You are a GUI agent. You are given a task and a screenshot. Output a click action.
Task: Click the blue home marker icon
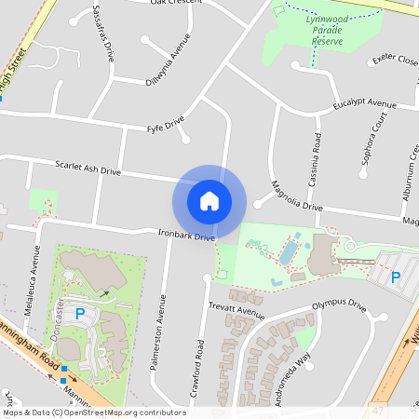(209, 201)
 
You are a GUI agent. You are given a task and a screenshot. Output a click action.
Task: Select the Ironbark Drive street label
(186, 236)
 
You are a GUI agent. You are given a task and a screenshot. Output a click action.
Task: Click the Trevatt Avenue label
(237, 310)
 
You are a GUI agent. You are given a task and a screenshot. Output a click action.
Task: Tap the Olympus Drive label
(339, 304)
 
